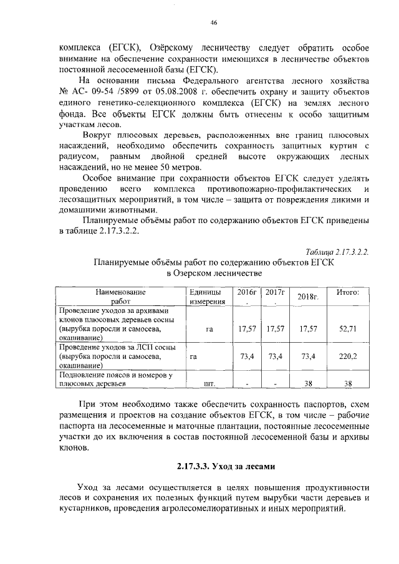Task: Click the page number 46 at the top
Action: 214,22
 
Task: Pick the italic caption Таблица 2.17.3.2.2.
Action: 337,252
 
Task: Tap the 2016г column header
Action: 248,292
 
